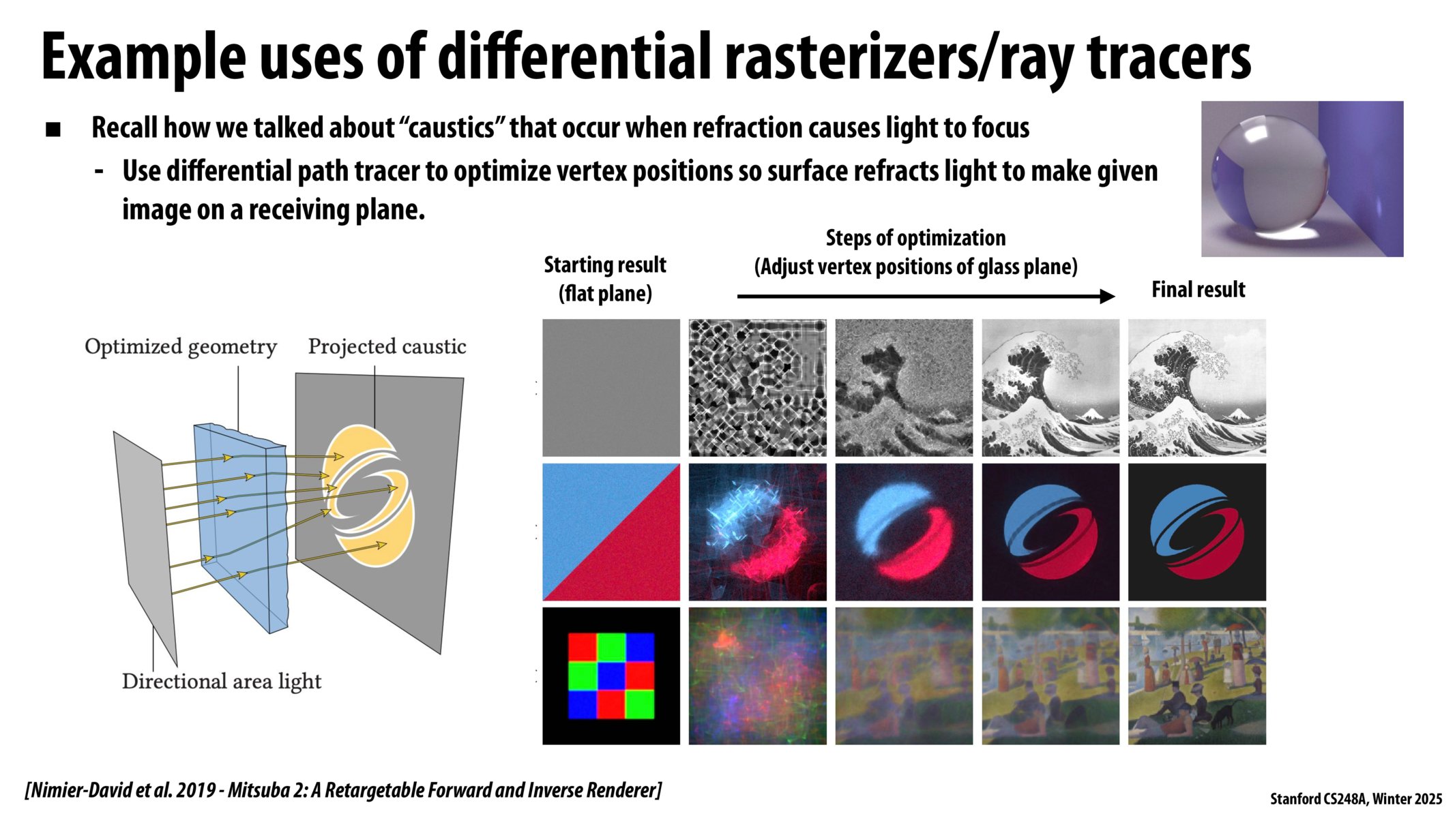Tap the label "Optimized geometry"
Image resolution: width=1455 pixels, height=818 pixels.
coord(181,347)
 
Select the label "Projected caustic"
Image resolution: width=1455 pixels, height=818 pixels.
coord(387,347)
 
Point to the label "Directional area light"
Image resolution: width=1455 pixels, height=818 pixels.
coord(222,681)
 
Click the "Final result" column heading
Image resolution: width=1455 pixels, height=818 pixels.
coord(1199,290)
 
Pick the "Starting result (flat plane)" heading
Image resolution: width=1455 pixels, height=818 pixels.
coord(605,279)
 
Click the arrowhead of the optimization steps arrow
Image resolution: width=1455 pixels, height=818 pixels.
coord(1107,297)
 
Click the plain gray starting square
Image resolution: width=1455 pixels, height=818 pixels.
coord(611,388)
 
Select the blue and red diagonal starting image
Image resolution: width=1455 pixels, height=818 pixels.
coord(611,532)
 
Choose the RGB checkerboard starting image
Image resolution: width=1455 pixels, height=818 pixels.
coord(611,676)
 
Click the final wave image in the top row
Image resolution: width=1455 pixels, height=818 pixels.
coord(1197,388)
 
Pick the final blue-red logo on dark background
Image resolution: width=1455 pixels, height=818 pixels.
coord(1197,532)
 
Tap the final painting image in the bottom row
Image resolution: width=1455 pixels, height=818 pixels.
coord(1197,676)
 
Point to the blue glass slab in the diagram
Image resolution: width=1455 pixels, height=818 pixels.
coord(239,532)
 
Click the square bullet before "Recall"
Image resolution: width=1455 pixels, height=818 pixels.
coord(53,130)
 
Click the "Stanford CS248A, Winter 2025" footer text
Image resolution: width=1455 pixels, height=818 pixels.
coord(1356,799)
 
